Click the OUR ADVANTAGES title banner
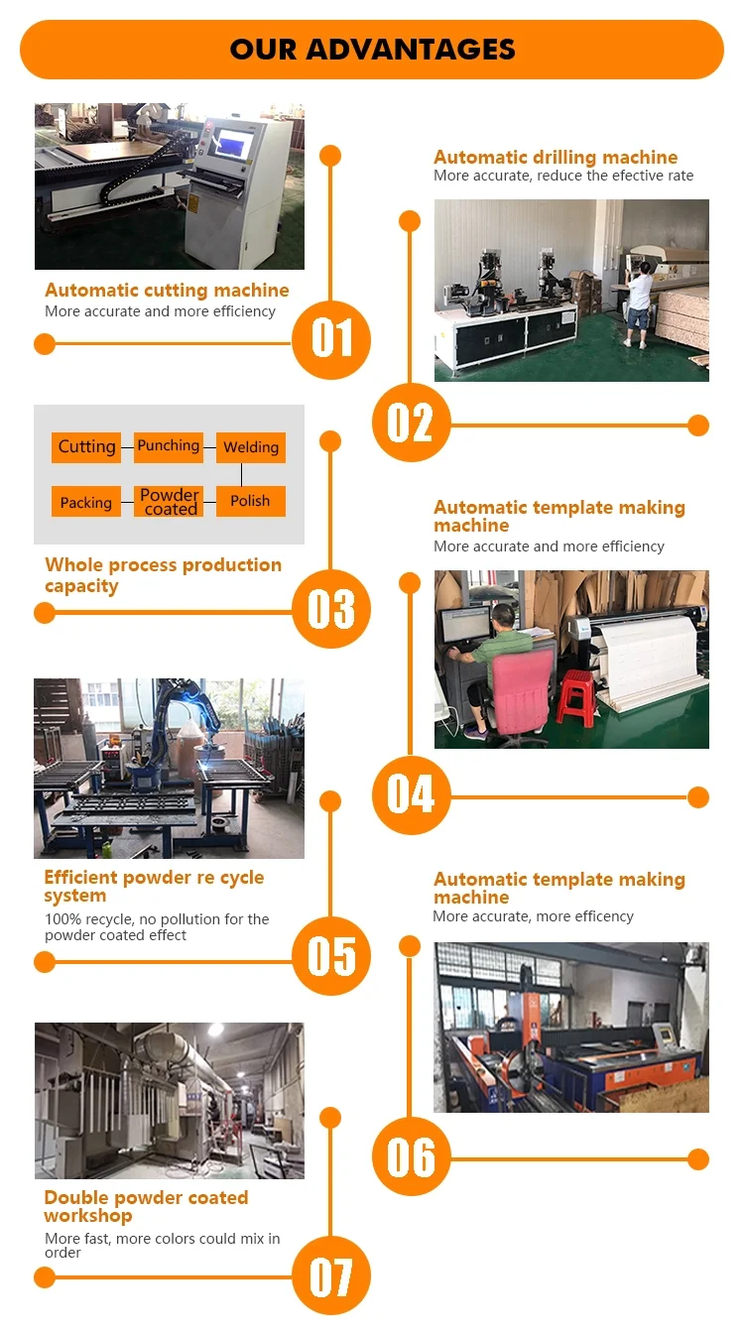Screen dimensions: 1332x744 coord(372,50)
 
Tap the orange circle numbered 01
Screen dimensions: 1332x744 coord(331,339)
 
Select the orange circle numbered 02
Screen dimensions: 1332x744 coord(411,423)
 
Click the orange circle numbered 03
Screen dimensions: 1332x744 coord(331,609)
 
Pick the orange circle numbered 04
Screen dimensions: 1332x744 coord(411,794)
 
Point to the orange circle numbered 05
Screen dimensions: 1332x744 coord(331,956)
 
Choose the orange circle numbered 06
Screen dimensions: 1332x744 coord(411,1156)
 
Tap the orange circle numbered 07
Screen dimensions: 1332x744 coord(331,1277)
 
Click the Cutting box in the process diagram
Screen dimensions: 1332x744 coord(86,447)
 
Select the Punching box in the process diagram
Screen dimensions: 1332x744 coord(169,446)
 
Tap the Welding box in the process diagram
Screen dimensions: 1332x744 coord(251,447)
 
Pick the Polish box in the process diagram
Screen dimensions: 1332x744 coord(250,501)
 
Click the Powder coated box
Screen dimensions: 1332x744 coord(170,502)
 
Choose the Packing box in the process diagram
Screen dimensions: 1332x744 coord(86,502)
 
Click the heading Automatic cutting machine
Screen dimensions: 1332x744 coord(167,291)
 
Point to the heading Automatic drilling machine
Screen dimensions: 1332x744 coord(556,158)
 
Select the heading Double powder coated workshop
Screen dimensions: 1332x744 coord(146,1206)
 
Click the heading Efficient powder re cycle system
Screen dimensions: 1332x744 coord(154,887)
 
